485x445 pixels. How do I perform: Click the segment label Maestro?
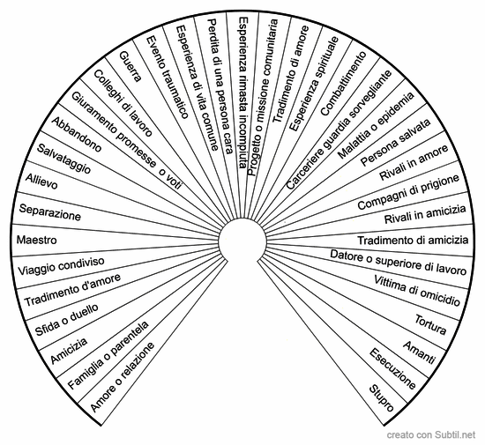[x=36, y=240]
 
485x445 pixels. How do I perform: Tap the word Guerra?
[x=131, y=66]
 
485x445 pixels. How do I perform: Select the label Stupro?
[x=382, y=398]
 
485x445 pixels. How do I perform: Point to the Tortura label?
[x=430, y=325]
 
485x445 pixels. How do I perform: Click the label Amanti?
[x=420, y=352]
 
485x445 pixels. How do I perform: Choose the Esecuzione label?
[x=392, y=368]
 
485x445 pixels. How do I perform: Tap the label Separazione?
[x=49, y=212]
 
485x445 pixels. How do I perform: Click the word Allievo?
[x=41, y=182]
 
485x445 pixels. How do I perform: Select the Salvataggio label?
[x=63, y=159]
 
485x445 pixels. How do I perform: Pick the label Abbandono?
[x=76, y=135]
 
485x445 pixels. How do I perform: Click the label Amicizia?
[x=69, y=351]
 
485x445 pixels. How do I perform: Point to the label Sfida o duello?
[x=67, y=320]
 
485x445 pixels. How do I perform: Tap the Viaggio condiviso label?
[x=61, y=266]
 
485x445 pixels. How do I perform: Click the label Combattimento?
[x=343, y=84]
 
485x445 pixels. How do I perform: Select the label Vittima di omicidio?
[x=417, y=291]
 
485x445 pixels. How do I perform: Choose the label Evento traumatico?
[x=167, y=78]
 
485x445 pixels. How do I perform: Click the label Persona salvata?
[x=396, y=142]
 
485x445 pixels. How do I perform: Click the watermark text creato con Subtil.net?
[x=431, y=434]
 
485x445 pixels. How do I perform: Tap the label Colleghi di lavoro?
[x=123, y=103]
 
